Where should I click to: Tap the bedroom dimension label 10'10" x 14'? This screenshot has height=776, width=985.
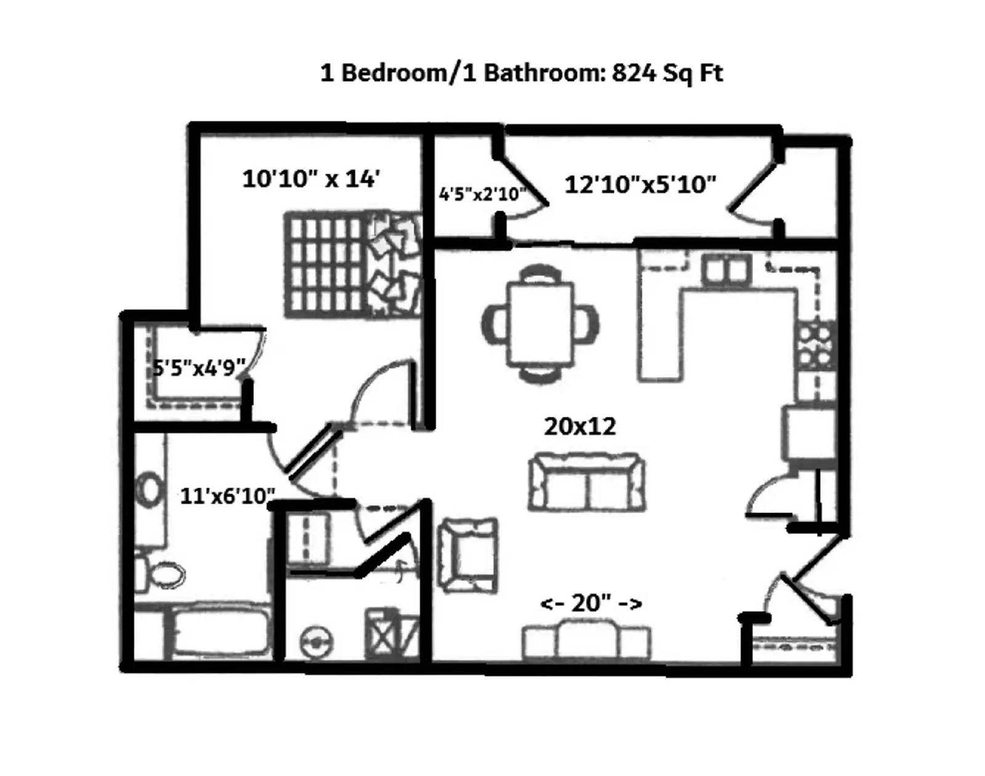click(x=311, y=179)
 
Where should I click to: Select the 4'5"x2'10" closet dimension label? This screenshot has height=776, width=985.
click(x=482, y=194)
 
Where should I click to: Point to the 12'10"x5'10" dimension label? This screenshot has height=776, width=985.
click(x=640, y=184)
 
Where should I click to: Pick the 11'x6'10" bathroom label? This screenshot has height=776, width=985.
click(x=227, y=496)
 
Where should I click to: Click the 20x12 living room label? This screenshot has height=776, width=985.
click(x=580, y=426)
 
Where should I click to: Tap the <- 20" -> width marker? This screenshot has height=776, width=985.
click(x=591, y=603)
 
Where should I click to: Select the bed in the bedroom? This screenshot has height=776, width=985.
click(x=353, y=265)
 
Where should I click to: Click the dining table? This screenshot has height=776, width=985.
click(x=541, y=324)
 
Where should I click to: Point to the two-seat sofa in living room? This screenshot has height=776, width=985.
click(x=587, y=482)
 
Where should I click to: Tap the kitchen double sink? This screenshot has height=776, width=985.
click(x=726, y=270)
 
